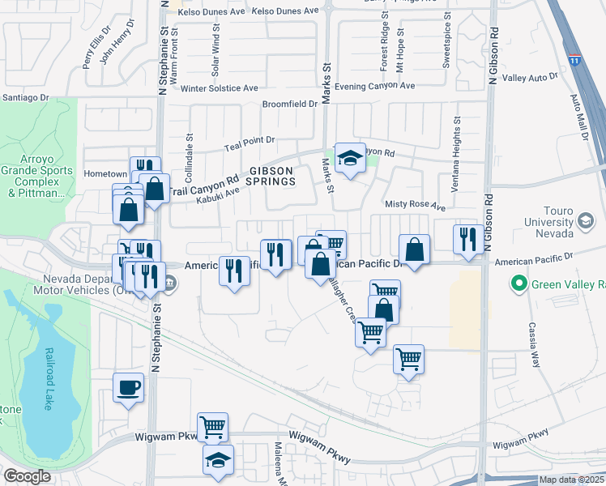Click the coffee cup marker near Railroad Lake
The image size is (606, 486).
coord(128,387)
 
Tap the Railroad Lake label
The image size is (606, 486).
coord(48,381)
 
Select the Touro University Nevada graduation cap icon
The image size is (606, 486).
coord(585,220)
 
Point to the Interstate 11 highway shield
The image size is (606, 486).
coord(574,61)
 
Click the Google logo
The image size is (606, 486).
coord(27,476)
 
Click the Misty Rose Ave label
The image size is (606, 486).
coord(416,207)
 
